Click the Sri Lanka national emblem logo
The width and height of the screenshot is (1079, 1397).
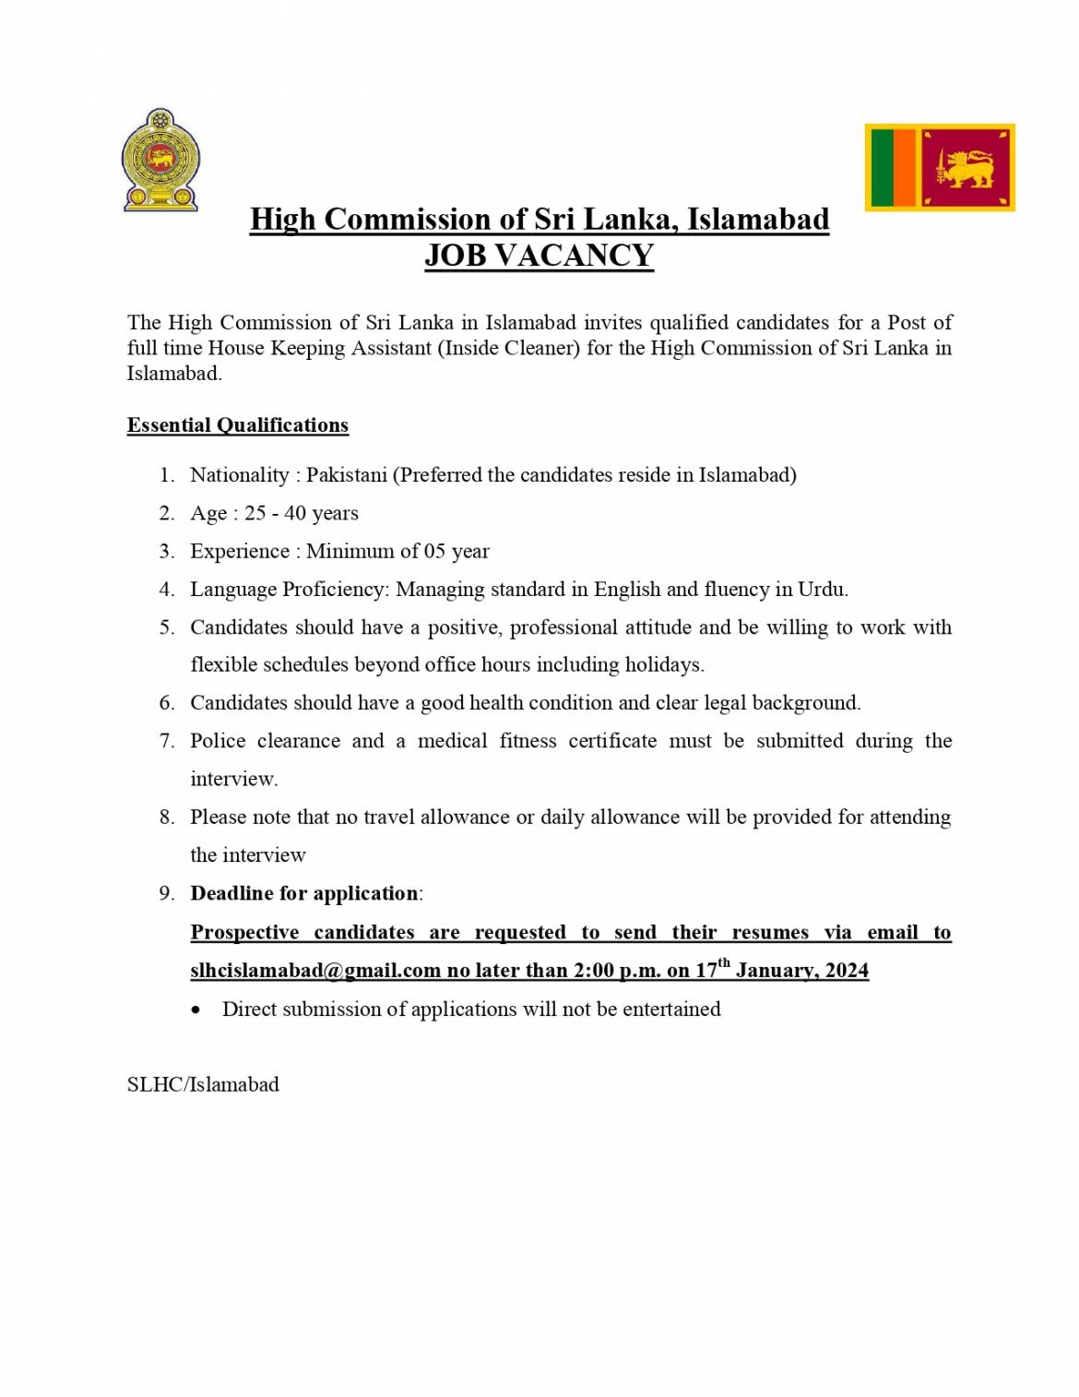160,161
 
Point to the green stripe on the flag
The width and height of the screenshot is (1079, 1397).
883,168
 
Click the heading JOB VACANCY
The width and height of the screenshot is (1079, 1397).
539,256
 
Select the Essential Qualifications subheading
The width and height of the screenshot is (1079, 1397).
238,425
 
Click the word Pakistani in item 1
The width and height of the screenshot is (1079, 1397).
347,475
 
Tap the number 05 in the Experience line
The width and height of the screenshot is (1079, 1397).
434,552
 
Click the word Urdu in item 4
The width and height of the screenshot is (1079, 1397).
822,590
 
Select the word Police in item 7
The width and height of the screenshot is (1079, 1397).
218,741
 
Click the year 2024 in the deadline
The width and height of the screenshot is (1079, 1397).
847,971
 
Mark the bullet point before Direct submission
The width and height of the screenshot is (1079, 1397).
196,1010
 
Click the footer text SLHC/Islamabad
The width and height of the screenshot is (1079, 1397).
203,1085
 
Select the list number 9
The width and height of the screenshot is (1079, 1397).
166,893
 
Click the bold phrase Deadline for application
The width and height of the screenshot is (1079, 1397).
304,893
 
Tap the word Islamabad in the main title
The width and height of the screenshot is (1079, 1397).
758,220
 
